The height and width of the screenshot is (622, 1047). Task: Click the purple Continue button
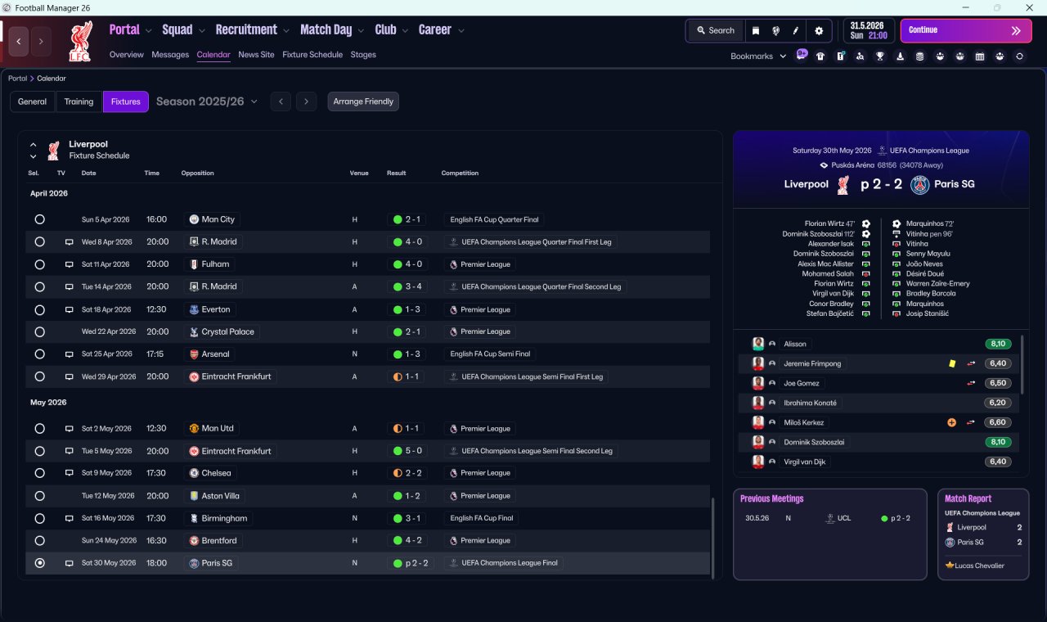tap(965, 30)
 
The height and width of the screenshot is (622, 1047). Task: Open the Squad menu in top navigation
tap(177, 30)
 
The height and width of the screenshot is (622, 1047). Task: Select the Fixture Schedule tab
tap(312, 55)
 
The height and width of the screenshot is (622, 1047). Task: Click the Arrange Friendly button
tap(363, 101)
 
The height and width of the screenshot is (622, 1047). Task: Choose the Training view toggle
tap(79, 101)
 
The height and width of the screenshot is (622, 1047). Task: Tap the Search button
tap(715, 30)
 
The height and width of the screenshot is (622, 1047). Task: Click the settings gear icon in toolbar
tap(819, 30)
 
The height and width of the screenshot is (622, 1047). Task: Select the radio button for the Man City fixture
tap(39, 219)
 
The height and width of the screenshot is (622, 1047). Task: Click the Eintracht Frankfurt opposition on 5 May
tap(236, 451)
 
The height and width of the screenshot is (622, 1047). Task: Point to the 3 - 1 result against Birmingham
tap(413, 518)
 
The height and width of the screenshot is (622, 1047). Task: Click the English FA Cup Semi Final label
tap(490, 354)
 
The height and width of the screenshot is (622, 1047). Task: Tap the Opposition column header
tap(197, 174)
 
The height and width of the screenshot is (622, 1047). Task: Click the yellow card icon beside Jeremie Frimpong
tap(952, 363)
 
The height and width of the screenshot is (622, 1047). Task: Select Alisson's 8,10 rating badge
tap(998, 344)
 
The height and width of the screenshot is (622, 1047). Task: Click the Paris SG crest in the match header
tap(920, 184)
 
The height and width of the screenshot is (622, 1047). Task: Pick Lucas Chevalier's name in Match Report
tap(979, 566)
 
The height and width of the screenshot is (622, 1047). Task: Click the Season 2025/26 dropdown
tap(207, 101)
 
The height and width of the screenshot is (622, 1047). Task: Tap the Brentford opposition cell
tap(218, 541)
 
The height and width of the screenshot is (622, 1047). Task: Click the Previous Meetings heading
tap(771, 498)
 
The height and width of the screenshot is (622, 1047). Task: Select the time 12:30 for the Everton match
tap(156, 309)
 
